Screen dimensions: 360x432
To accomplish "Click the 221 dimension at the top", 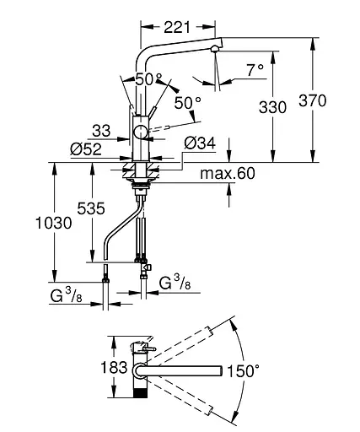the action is click(177, 27).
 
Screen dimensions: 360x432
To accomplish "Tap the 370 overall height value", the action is click(313, 100).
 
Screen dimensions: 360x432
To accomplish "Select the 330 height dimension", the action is click(272, 107).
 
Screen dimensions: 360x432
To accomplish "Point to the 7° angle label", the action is click(255, 70).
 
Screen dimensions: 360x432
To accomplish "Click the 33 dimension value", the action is click(101, 131).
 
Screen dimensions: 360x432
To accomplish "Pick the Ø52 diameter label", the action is click(86, 149).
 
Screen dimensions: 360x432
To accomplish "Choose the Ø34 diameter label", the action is click(200, 143).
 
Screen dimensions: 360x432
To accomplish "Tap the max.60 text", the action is click(228, 173).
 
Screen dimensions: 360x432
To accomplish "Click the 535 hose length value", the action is click(91, 208).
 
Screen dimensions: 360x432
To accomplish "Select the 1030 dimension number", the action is click(54, 224).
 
